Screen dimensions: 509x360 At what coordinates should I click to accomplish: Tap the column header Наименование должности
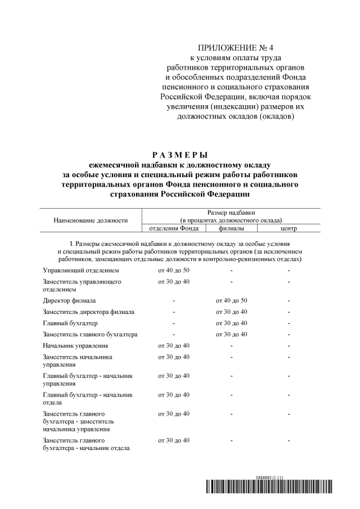pyautogui.click(x=91, y=220)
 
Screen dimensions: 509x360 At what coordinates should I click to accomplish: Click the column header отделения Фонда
pyautogui.click(x=174, y=228)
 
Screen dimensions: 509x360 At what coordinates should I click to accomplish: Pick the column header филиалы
pyautogui.click(x=231, y=228)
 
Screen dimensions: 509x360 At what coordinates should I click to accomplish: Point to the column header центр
pyautogui.click(x=289, y=228)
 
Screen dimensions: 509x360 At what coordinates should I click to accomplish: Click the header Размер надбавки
pyautogui.click(x=231, y=213)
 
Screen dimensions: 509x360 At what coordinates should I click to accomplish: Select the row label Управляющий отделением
pyautogui.click(x=81, y=271)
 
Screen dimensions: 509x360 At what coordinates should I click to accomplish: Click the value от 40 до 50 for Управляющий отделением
pyautogui.click(x=174, y=271)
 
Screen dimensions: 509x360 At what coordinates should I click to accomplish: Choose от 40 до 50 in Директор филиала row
pyautogui.click(x=231, y=300)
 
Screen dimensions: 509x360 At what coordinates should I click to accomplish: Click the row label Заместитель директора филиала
pyautogui.click(x=88, y=312)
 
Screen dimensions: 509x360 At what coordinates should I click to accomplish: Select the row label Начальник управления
pyautogui.click(x=75, y=345)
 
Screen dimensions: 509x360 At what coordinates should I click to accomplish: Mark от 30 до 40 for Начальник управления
pyautogui.click(x=174, y=345)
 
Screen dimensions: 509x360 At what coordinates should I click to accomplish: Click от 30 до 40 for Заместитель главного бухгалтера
pyautogui.click(x=231, y=335)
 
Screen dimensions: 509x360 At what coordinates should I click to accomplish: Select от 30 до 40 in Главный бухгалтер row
pyautogui.click(x=231, y=323)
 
